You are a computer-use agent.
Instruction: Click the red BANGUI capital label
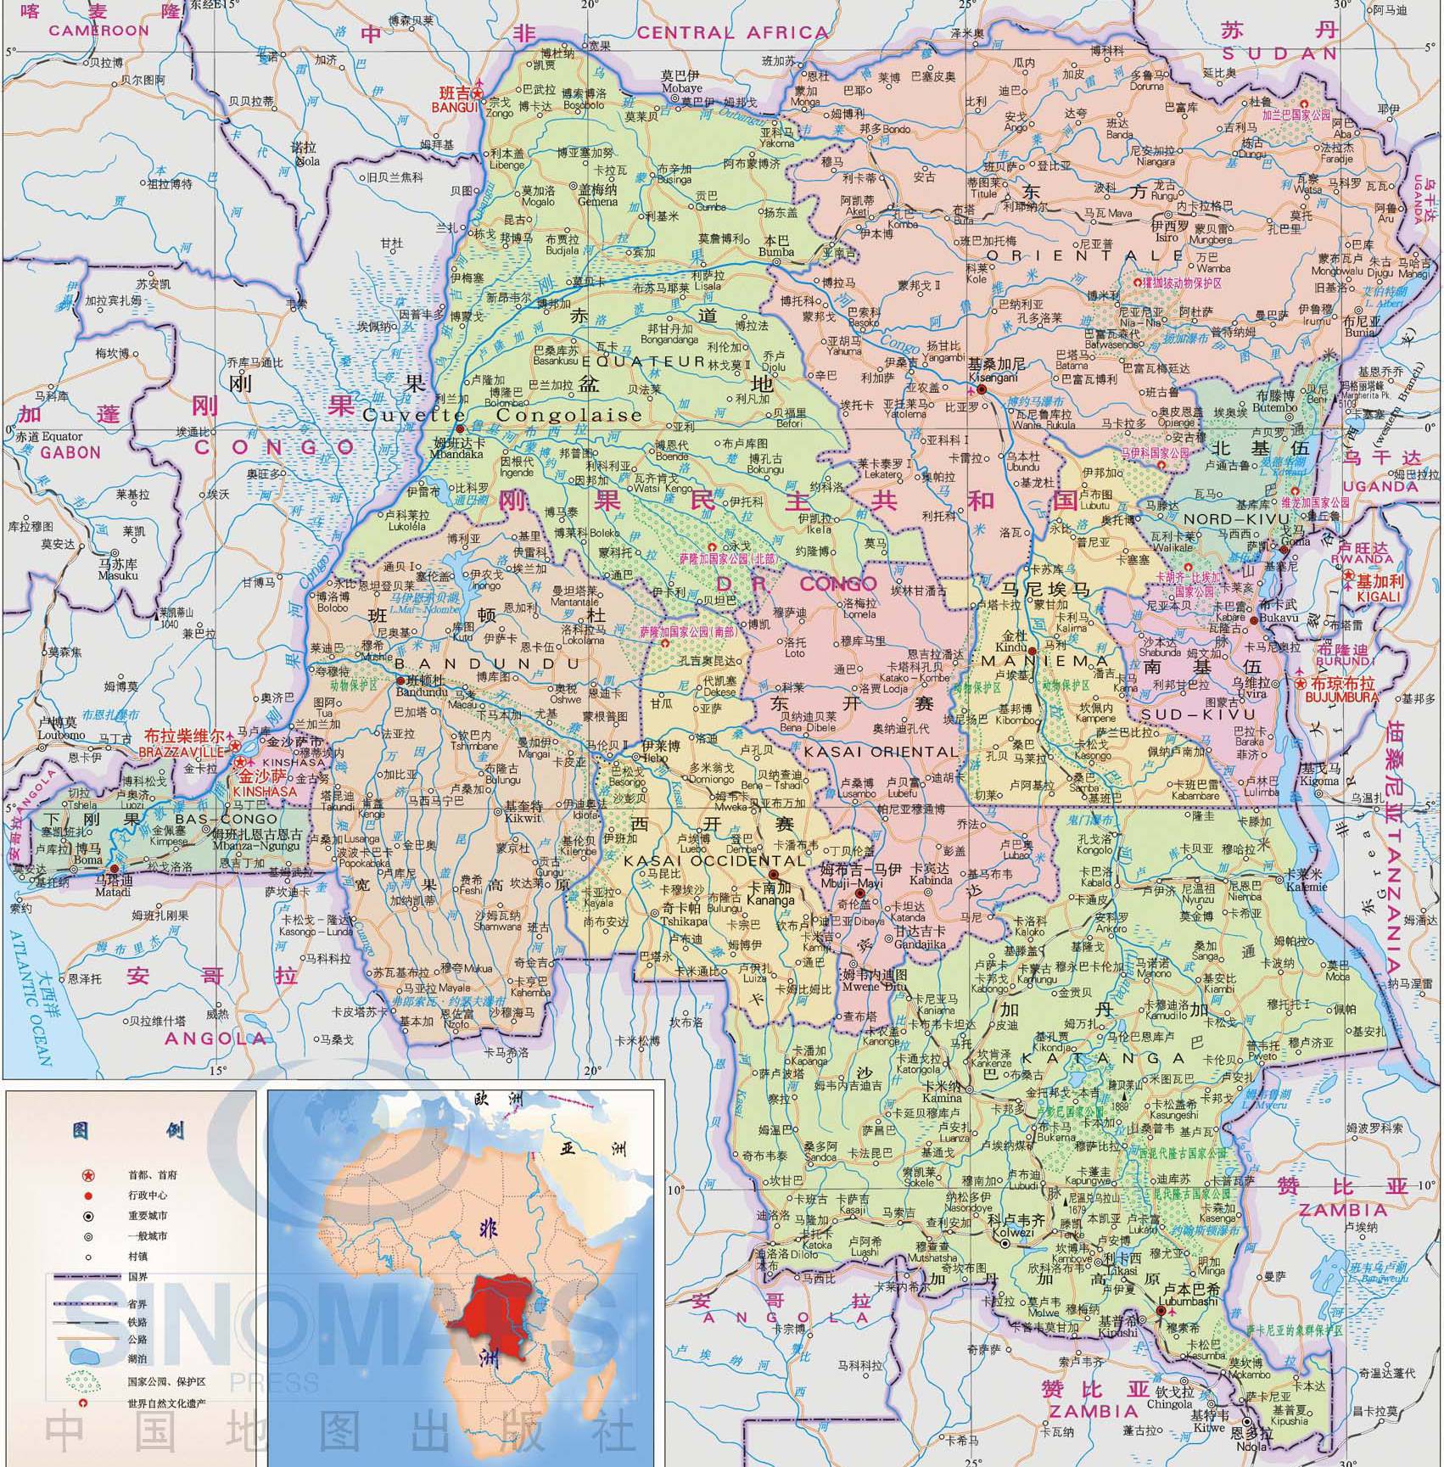pos(455,107)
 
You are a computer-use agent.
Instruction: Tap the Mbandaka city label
pos(458,454)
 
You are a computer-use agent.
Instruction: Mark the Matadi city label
pos(114,880)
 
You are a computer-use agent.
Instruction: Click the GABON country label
pos(70,452)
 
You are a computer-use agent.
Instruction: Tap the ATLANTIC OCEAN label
pos(30,994)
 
